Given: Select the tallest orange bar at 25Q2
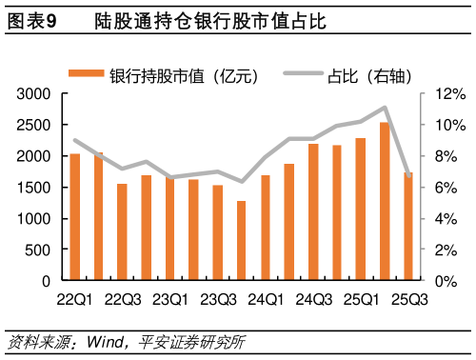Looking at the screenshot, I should click(384, 201).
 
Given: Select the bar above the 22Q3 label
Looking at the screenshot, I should click(123, 232).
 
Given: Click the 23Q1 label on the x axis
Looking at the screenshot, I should click(169, 300).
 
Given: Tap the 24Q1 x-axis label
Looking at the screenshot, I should click(265, 300).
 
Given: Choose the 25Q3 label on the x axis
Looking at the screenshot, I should click(407, 300).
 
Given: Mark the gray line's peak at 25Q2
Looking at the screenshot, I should click(384, 108).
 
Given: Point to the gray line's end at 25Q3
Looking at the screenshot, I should click(407, 175).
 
